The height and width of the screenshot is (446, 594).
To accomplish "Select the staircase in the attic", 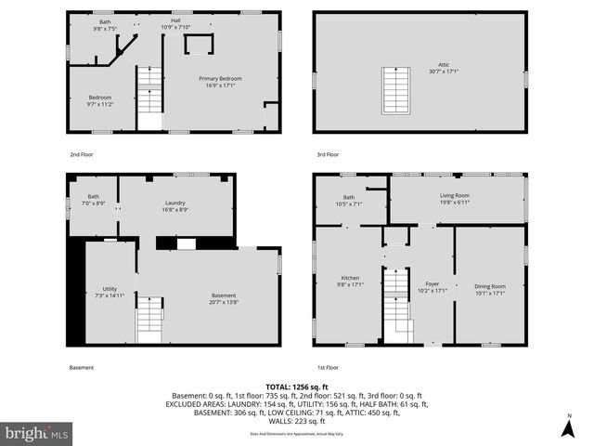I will (x=396, y=90).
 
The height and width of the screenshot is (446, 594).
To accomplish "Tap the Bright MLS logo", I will (x=37, y=432).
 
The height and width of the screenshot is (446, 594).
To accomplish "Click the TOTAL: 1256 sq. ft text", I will (x=297, y=386).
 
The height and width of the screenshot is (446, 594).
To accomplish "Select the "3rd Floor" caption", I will (x=327, y=154).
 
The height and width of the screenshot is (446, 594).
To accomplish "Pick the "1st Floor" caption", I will (x=326, y=367).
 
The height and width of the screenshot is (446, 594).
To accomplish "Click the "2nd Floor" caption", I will (x=82, y=154).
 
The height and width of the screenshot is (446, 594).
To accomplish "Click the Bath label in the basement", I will (x=93, y=199).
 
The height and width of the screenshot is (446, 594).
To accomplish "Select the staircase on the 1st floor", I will (x=396, y=301).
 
